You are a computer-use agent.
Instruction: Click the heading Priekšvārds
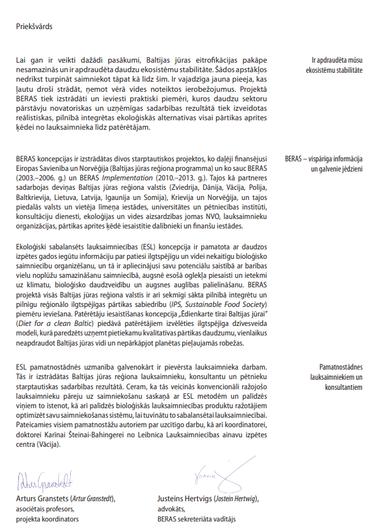(35, 27)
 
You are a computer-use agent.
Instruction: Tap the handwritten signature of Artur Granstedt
(45, 481)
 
